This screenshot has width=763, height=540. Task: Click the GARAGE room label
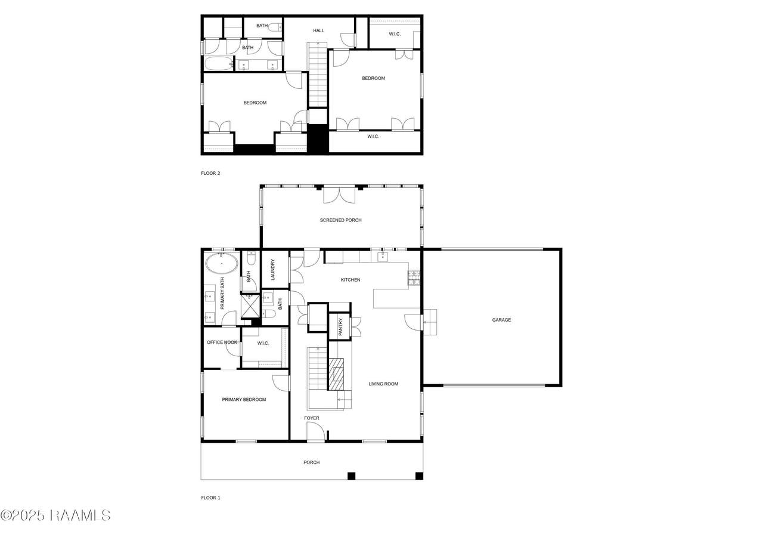point(501,320)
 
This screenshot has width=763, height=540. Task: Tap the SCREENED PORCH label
point(340,220)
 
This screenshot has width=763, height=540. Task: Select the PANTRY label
point(340,327)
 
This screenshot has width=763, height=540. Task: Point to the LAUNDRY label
point(272,270)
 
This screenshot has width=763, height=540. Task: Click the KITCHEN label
point(351,280)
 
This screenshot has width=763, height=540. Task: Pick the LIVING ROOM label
point(383,384)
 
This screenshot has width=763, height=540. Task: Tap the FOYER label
point(312,418)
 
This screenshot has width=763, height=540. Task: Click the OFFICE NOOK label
point(222,342)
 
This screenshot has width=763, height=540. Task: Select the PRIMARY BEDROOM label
point(244,400)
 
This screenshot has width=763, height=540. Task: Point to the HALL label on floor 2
point(318,30)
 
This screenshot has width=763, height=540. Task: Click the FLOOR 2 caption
point(210,173)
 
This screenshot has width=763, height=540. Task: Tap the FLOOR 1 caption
point(210,498)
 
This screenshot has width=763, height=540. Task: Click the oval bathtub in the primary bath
point(222,264)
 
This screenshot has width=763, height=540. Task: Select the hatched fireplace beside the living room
point(336,374)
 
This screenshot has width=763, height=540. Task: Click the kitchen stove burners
point(414,277)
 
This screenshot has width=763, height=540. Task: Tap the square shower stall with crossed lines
point(250,306)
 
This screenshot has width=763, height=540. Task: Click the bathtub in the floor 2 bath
point(219,64)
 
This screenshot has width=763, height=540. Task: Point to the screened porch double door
point(339,195)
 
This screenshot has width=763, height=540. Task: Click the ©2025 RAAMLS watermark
point(55,516)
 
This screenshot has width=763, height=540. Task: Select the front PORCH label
point(312,462)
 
